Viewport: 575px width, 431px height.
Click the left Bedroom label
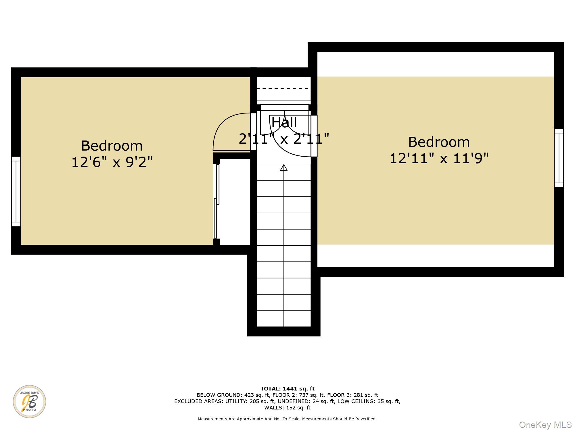[112, 146]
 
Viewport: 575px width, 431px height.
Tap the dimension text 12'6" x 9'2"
[112, 162]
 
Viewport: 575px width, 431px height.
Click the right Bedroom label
[439, 142]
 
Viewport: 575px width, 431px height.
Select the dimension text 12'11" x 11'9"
[439, 158]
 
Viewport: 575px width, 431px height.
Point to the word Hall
[284, 123]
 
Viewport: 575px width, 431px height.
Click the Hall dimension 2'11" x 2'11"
[284, 139]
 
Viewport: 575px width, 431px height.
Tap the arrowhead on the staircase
[284, 168]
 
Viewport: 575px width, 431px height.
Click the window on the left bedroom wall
[16, 191]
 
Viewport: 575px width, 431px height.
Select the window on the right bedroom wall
[559, 158]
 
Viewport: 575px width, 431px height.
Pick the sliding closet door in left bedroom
[217, 201]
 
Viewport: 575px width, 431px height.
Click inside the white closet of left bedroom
[235, 201]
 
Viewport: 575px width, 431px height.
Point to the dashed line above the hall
[284, 88]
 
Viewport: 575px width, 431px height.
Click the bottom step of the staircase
[284, 319]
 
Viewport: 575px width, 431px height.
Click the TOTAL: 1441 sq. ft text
[287, 389]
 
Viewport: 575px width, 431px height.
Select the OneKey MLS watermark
[545, 425]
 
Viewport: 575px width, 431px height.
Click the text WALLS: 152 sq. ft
[287, 407]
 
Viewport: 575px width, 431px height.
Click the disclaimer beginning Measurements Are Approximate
[287, 419]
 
